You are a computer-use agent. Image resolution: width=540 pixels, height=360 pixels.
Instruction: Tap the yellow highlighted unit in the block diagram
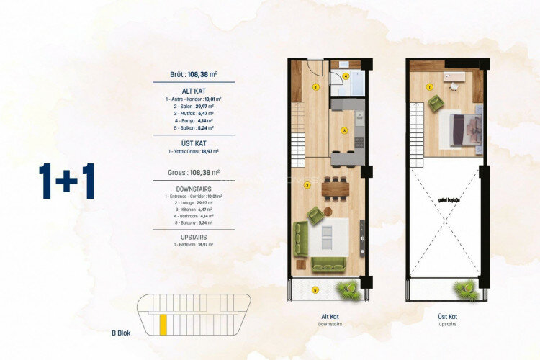163,325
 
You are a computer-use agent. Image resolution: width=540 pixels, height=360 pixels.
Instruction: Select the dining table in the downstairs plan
335,189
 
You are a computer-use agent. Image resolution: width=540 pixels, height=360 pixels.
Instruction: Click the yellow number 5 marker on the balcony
315,290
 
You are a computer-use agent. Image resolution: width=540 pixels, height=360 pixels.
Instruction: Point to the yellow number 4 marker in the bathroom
346,75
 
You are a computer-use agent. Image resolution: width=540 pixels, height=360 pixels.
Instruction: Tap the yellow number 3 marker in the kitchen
344,130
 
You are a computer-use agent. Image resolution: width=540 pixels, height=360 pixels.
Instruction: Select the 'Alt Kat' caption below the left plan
330,318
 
